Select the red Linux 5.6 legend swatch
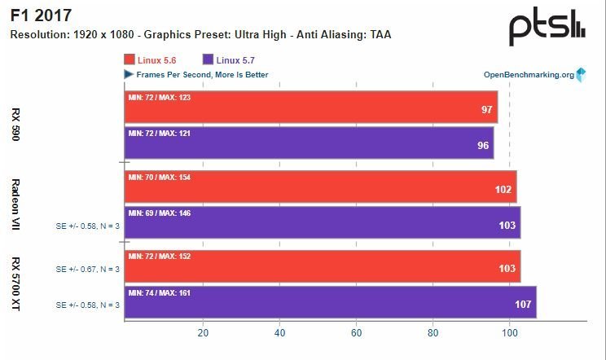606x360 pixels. [130, 59]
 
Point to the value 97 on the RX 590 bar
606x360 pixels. [487, 110]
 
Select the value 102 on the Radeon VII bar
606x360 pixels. [504, 190]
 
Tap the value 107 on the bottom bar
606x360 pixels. [524, 305]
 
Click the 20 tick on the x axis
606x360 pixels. [203, 332]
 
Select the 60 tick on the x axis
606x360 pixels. [356, 332]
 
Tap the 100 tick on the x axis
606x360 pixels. [510, 332]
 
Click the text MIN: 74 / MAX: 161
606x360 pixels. [160, 292]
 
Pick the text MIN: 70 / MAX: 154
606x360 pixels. [160, 177]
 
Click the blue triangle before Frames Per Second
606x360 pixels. [129, 75]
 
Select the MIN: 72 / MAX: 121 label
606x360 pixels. [160, 133]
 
